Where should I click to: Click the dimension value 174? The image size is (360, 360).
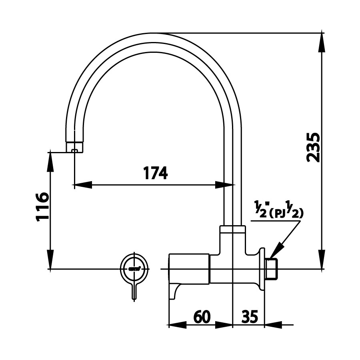point(155,173)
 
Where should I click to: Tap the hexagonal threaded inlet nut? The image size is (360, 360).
point(272,268)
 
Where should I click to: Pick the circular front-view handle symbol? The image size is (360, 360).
point(135,268)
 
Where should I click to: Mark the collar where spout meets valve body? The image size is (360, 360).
point(232,229)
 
